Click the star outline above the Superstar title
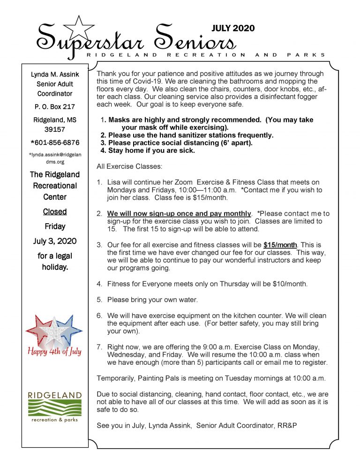tap(79, 28)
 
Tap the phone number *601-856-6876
tap(55, 143)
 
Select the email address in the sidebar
tap(55, 158)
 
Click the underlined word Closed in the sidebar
tap(55, 211)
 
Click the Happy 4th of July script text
tap(54, 352)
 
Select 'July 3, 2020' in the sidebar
tap(55, 241)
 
